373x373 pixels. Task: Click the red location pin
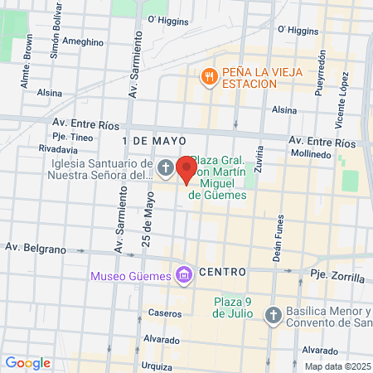click(x=186, y=169)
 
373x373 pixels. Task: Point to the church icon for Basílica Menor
click(x=274, y=315)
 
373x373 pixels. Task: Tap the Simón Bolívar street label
click(x=56, y=37)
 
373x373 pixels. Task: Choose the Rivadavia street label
click(x=58, y=148)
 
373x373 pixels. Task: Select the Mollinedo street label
click(x=312, y=154)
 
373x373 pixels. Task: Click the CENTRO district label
click(x=222, y=272)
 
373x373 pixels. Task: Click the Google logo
click(x=27, y=362)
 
